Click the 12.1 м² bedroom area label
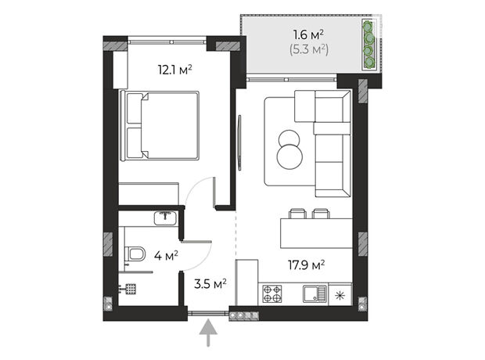coord(174,70)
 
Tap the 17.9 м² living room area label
coord(306,265)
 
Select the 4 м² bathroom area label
coord(166,256)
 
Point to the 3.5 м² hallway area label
coord(210,283)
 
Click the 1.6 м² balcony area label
coord(308,34)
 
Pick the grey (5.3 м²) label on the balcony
coord(309,49)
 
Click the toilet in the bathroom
coord(135,254)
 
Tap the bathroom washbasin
coord(166,218)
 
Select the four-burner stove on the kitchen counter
coord(272,293)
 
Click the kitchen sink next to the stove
coord(315,293)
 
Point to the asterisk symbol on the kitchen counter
coord(340,296)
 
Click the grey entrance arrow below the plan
coord(208,333)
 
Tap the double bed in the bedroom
coord(160,126)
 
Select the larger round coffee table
coord(289,157)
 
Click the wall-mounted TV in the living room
coord(239,142)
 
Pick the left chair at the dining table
coord(297,214)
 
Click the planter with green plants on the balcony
coord(369,45)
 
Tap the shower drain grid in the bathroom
coord(131,289)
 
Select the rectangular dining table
coord(317,233)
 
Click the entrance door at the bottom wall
coord(208,313)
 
